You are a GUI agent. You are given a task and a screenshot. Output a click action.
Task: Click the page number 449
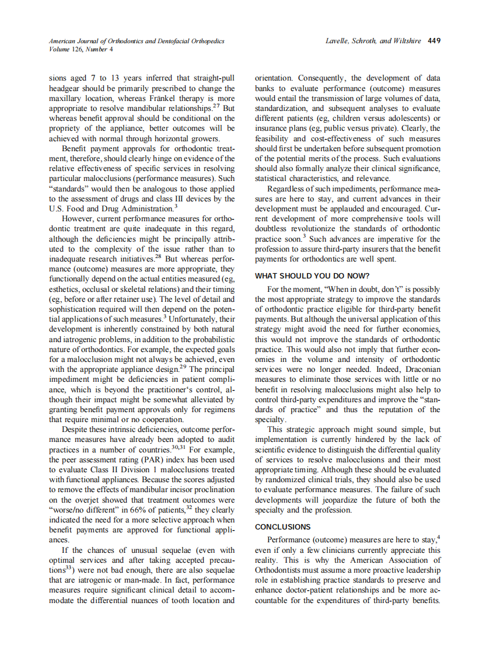434,41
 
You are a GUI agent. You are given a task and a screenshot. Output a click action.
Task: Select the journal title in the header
137,41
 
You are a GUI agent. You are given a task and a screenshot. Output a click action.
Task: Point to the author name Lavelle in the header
339,41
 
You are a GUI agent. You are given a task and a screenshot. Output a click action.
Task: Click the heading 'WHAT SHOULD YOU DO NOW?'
313,276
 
